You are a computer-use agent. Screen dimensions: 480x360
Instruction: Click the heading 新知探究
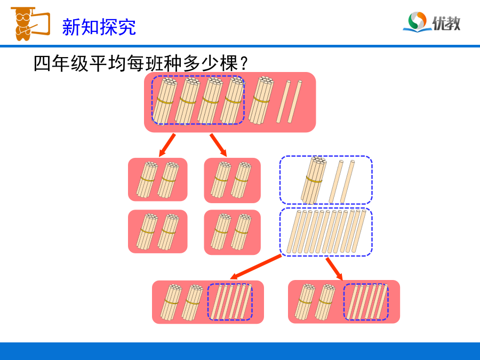pos(99,27)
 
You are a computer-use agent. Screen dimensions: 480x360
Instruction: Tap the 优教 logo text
pos(446,23)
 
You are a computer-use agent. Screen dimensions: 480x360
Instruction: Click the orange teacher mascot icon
pos(30,24)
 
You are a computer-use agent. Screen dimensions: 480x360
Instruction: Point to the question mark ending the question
pos(244,63)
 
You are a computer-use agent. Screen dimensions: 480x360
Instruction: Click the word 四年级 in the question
pos(61,63)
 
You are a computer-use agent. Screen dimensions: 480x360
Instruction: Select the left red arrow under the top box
pos(167,145)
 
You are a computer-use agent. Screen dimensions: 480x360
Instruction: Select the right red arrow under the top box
pos(218,145)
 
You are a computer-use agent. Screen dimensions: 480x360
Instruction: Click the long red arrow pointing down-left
pos(255,267)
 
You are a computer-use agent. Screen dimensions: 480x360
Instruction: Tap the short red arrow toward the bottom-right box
pos(334,269)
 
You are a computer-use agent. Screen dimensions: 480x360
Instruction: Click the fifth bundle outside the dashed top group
pos(261,100)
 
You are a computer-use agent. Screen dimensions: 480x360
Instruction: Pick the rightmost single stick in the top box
pos(295,102)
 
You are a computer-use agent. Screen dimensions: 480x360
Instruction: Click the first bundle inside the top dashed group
pos(165,101)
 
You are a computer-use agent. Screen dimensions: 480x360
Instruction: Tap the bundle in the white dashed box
pos(314,180)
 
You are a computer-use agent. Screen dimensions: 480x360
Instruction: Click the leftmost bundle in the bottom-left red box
pos(171,302)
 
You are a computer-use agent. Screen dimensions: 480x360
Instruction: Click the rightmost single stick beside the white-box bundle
pos(347,181)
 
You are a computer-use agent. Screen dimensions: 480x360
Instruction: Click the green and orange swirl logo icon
pos(417,21)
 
